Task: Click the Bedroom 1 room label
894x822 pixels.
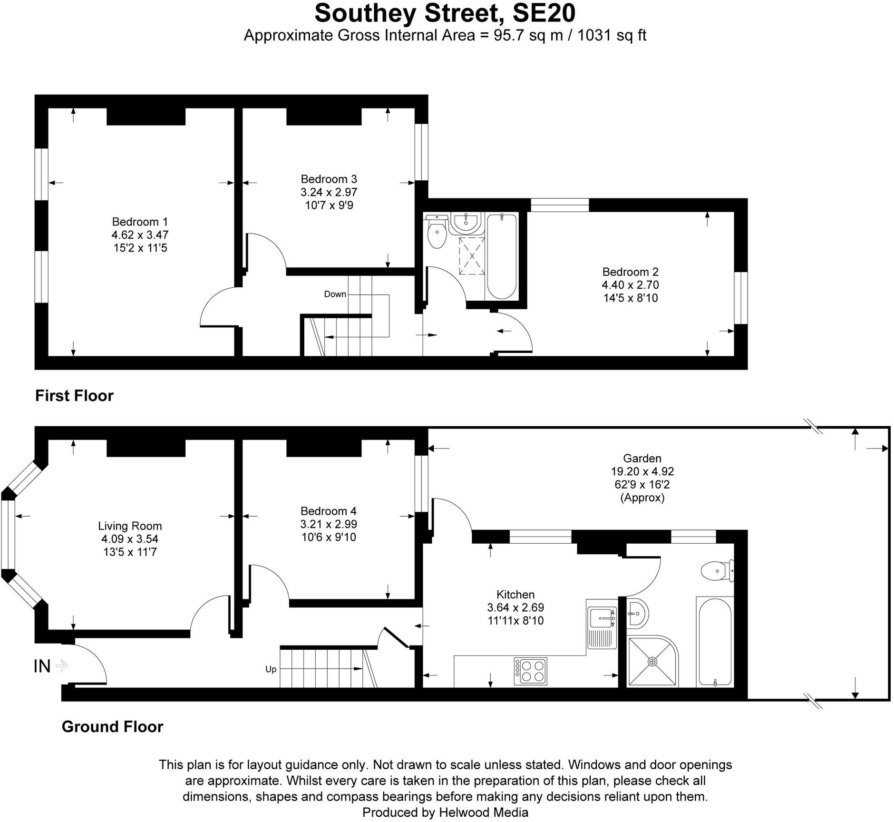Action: [140, 222]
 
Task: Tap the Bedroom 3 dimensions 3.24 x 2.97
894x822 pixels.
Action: [329, 192]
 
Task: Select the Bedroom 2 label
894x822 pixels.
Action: [630, 272]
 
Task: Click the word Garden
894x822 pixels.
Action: [642, 458]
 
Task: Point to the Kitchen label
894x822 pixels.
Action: [515, 594]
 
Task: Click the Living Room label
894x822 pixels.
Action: [130, 526]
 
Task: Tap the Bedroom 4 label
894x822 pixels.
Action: [329, 511]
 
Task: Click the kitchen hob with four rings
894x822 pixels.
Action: [530, 671]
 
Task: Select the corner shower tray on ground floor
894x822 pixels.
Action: [652, 662]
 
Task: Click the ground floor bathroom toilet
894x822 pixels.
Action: [717, 569]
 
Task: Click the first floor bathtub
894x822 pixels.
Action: [501, 257]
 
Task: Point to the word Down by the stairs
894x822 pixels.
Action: [335, 294]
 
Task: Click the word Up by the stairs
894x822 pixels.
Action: [271, 669]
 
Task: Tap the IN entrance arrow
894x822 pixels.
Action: [61, 666]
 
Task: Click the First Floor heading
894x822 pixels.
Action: [74, 396]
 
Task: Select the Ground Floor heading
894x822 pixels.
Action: [112, 726]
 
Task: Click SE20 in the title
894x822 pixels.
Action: [544, 13]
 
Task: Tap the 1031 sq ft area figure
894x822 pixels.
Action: [612, 36]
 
